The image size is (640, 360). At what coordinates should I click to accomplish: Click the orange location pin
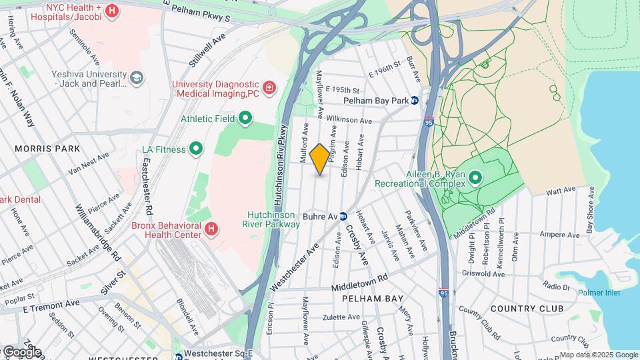point(320,159)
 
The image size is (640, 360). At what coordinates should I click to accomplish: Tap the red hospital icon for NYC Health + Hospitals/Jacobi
point(112,11)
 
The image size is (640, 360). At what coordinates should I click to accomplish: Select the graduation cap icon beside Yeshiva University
point(137,78)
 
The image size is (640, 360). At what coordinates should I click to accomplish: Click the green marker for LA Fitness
point(196,149)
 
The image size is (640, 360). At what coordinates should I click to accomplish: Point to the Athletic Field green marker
point(245,119)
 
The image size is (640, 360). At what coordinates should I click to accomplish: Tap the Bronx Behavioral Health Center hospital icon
point(211,229)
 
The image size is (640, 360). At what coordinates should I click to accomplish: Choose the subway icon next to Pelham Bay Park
point(414,101)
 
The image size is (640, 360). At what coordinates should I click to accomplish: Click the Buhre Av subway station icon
point(343,216)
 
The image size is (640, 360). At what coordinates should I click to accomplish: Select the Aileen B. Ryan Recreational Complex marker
point(475,177)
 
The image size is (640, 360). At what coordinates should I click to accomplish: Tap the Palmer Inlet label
point(599,293)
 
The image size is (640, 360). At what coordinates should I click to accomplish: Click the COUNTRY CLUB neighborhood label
point(527,309)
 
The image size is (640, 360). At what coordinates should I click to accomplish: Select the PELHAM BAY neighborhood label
point(373,299)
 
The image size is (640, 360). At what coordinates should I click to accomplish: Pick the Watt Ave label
point(560,190)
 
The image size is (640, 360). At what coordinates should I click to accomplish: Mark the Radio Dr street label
point(556,286)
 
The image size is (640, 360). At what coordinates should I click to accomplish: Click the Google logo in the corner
point(21,352)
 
